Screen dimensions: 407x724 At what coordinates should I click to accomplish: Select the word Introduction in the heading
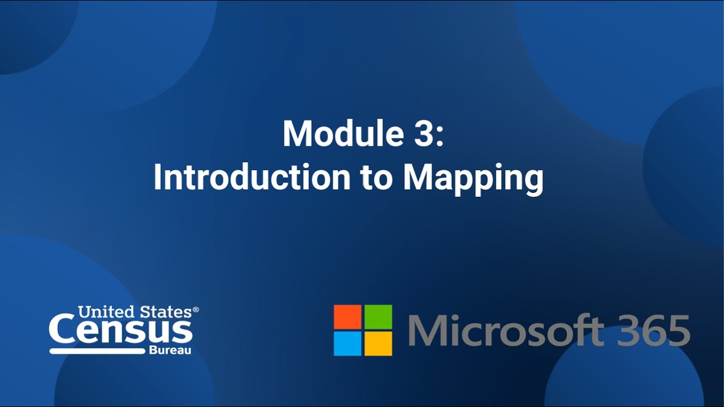click(x=252, y=178)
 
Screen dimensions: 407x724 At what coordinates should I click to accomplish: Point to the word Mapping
click(x=473, y=180)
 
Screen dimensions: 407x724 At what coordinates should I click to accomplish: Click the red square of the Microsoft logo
click(x=347, y=317)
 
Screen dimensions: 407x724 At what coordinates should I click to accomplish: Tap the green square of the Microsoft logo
click(x=378, y=317)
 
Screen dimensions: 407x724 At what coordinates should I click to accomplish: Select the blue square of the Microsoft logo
click(x=347, y=343)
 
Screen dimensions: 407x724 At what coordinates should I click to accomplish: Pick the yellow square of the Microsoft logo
click(x=378, y=343)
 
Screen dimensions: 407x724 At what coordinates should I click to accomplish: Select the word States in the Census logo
click(x=165, y=311)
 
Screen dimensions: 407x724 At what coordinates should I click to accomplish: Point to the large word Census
click(x=120, y=331)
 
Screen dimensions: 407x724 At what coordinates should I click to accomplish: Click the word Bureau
click(x=170, y=351)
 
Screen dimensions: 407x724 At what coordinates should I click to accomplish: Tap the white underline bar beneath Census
click(x=97, y=351)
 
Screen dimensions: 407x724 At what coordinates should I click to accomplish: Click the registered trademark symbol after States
click(x=196, y=310)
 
